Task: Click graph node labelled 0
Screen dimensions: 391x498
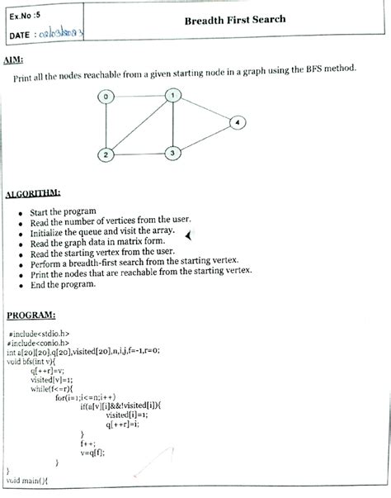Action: tap(106, 97)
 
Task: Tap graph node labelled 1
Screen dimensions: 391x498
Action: tap(172, 95)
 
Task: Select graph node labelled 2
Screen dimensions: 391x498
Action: tap(106, 154)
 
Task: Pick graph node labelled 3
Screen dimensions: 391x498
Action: tap(172, 153)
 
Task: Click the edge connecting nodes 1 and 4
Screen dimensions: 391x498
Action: tap(205, 108)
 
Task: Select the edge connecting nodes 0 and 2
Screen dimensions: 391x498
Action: tap(106, 126)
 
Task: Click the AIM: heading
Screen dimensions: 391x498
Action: tap(13, 60)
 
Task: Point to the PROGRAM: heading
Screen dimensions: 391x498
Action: tap(31, 315)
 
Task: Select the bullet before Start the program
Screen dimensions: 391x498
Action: tap(20, 212)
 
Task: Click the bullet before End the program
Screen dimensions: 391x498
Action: tap(20, 285)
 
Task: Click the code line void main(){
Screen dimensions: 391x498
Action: tap(28, 480)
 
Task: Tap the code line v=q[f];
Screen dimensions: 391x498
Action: tap(94, 452)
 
